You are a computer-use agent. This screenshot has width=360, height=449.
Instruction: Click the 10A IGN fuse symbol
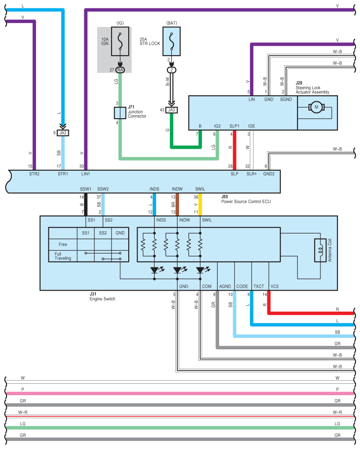120,41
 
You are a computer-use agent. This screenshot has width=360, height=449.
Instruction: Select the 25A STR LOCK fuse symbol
171,41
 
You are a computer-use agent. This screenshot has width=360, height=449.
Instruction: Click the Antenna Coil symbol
320,251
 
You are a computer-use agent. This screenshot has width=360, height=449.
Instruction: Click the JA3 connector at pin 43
171,110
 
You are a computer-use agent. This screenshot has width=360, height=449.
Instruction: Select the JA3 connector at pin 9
63,132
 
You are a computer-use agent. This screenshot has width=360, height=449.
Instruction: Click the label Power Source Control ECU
245,201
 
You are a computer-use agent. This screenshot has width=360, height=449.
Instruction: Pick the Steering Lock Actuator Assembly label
312,90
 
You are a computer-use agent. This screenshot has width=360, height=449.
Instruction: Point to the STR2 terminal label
34,174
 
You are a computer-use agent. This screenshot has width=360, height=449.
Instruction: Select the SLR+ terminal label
252,174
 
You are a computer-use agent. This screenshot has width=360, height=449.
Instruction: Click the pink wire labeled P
176,393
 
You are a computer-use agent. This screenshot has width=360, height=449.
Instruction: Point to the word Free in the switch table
63,244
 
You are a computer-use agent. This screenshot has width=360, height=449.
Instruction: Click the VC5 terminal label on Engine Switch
275,286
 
